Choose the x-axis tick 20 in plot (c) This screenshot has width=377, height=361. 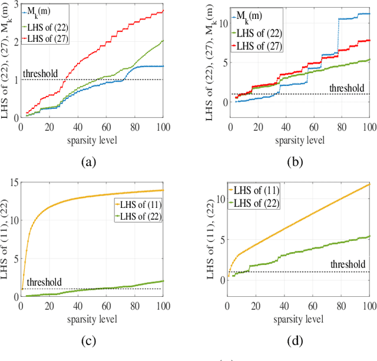[49, 305]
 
